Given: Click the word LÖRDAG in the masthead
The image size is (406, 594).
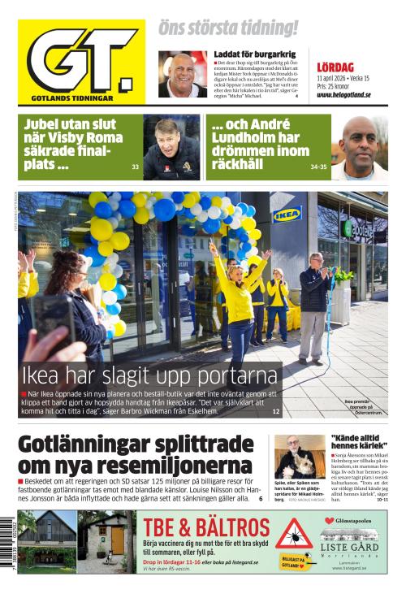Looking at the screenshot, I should click(x=335, y=67).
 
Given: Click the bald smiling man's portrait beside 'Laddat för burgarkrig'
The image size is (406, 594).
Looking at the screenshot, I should click(x=183, y=75).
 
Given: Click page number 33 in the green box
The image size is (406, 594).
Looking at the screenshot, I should click(x=135, y=167).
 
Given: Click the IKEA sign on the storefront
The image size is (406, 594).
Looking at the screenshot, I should click(x=287, y=215).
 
